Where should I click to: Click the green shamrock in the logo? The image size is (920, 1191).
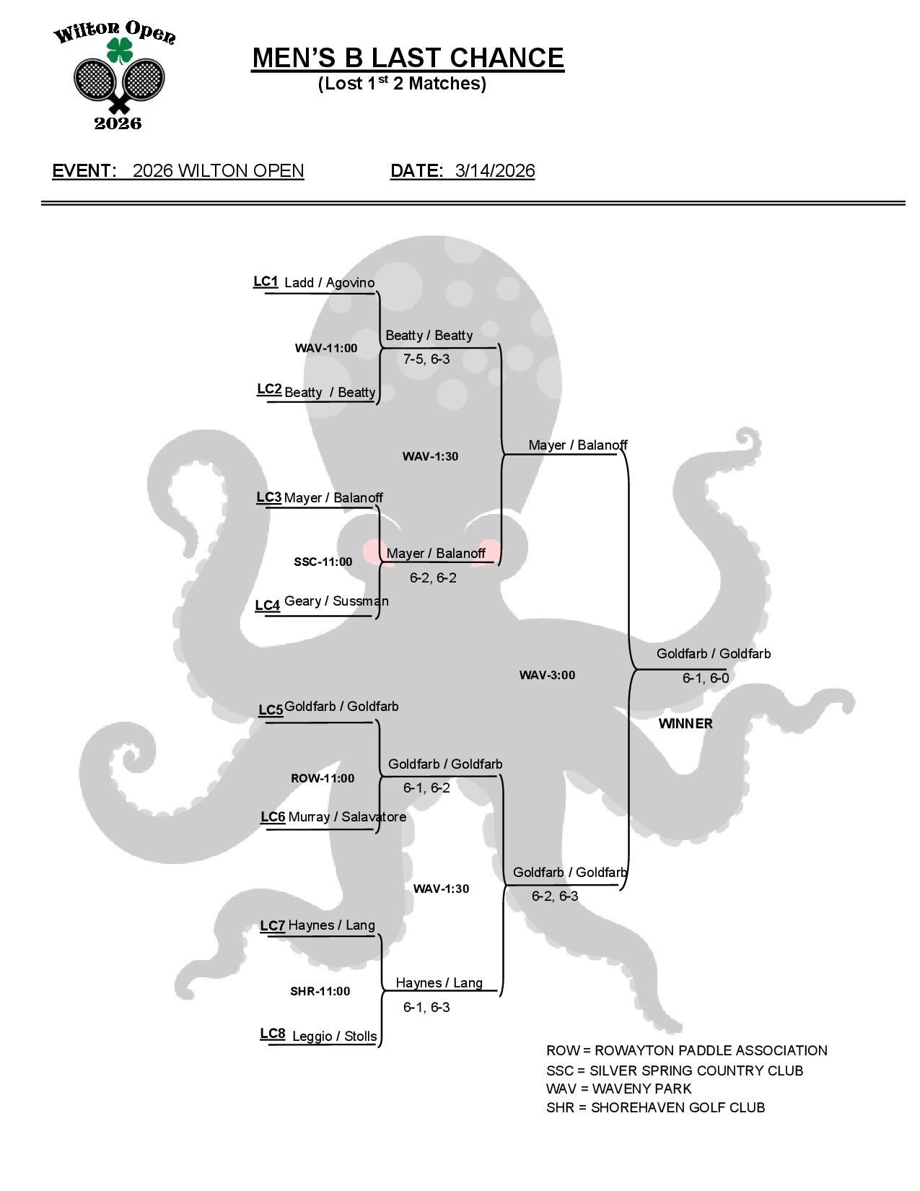click(x=120, y=51)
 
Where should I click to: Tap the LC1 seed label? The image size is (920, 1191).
click(x=266, y=282)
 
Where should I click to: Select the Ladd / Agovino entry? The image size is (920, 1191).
click(x=329, y=283)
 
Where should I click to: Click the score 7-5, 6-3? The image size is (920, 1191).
click(x=426, y=359)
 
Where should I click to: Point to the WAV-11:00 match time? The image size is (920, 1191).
click(x=326, y=349)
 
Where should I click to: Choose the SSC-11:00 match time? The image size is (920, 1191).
click(x=323, y=562)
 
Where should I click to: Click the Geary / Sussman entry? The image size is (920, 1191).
click(x=336, y=601)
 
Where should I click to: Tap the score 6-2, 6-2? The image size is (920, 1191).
click(x=433, y=578)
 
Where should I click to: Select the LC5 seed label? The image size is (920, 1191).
click(x=271, y=710)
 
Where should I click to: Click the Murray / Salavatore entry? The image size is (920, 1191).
click(x=347, y=817)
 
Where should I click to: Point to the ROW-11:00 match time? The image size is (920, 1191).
click(x=323, y=779)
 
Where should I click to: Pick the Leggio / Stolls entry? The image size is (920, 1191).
click(x=334, y=1037)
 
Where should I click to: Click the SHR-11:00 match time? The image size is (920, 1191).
click(x=320, y=992)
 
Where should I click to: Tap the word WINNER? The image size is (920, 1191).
click(x=685, y=724)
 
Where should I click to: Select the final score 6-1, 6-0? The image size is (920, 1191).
click(x=706, y=679)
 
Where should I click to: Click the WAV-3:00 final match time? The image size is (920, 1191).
click(x=548, y=676)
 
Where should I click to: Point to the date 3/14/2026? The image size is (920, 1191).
click(x=495, y=171)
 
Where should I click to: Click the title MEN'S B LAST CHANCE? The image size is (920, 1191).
click(x=408, y=58)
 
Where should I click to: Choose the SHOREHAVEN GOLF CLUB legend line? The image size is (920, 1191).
click(x=655, y=1108)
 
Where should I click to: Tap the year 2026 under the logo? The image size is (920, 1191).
click(x=118, y=123)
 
